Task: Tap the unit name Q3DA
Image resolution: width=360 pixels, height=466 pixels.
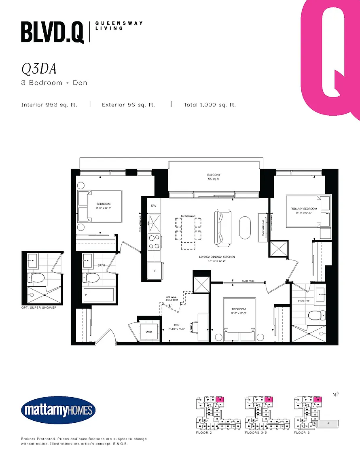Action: pos(39,69)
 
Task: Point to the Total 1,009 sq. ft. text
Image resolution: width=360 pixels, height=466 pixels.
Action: pos(210,105)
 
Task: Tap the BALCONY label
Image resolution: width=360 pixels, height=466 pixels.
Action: pos(214,175)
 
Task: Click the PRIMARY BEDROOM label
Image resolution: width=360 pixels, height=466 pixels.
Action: pos(303,209)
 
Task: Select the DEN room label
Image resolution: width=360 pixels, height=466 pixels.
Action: pos(176,324)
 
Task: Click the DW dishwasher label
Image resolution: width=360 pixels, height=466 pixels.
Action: pos(154,206)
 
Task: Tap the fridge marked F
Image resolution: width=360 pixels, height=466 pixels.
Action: pos(154,271)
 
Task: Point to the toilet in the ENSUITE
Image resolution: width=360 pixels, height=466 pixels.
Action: pos(315,315)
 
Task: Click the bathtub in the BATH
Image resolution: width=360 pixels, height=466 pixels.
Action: pos(99,295)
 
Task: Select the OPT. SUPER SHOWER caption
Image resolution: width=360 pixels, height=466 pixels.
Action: pos(39,307)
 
